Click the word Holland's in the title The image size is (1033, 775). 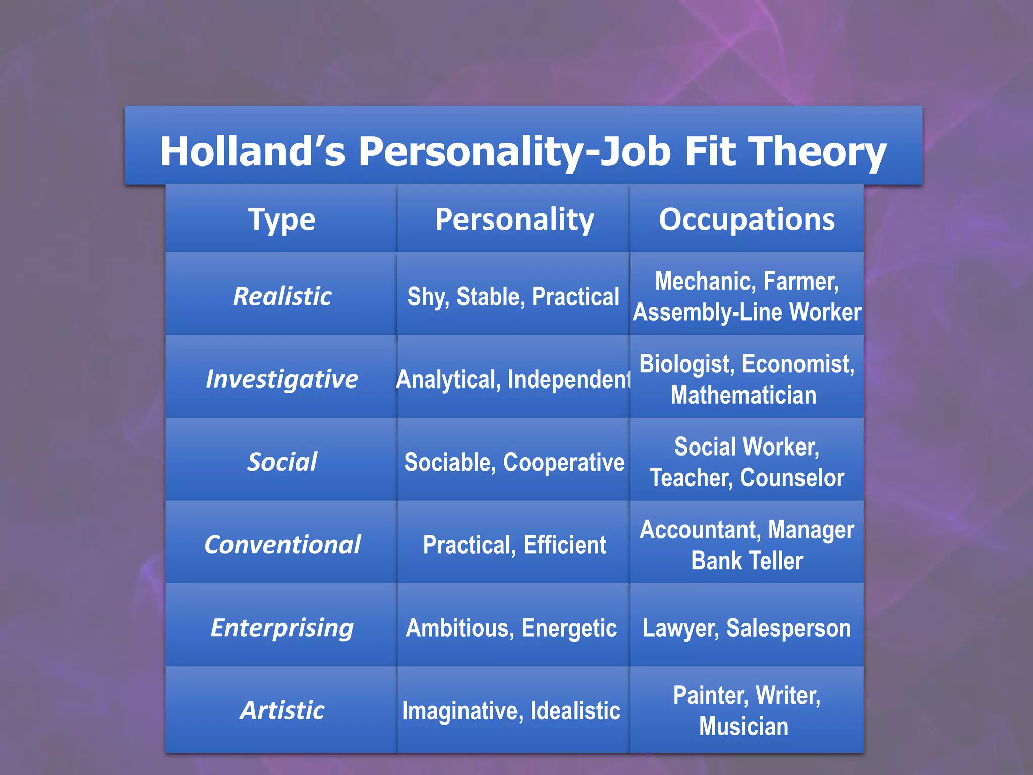pyautogui.click(x=252, y=151)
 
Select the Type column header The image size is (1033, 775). pyautogui.click(x=282, y=220)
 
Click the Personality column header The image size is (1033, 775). pyautogui.click(x=514, y=220)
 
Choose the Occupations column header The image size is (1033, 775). pyautogui.click(x=747, y=220)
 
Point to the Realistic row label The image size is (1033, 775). pyautogui.click(x=282, y=296)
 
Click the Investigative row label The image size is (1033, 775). pyautogui.click(x=282, y=379)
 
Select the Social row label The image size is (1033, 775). pyautogui.click(x=282, y=462)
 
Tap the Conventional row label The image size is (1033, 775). pyautogui.click(x=282, y=545)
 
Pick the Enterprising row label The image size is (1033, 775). pyautogui.click(x=282, y=628)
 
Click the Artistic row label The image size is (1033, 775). pyautogui.click(x=282, y=710)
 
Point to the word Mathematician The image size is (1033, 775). pyautogui.click(x=743, y=395)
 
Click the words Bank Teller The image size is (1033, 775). pyautogui.click(x=747, y=561)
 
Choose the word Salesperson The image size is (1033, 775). pyautogui.click(x=788, y=628)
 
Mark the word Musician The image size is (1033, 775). pyautogui.click(x=743, y=726)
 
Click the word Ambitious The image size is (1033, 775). pyautogui.click(x=460, y=628)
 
